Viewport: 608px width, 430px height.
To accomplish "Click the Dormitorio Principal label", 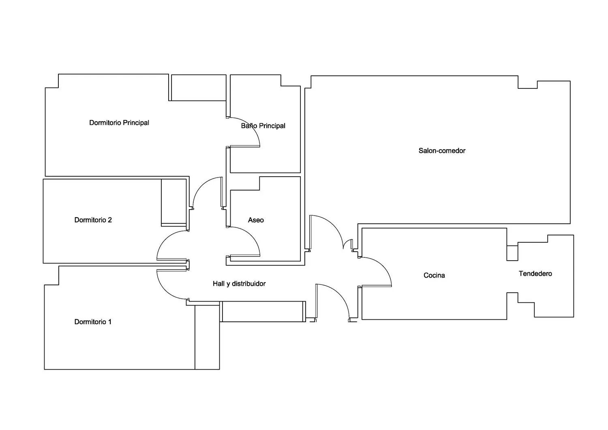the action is (x=119, y=123).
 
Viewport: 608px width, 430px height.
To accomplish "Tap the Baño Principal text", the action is (x=263, y=126).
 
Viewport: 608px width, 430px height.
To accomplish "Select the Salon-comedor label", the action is (x=442, y=151).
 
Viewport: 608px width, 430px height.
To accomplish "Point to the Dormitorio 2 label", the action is (x=93, y=220).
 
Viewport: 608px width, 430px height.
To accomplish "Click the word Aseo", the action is (x=256, y=220).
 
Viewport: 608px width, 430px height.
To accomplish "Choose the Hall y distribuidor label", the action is (x=239, y=284).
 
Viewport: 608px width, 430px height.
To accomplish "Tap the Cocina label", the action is (x=434, y=275).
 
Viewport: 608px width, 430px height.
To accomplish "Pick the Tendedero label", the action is (x=535, y=274).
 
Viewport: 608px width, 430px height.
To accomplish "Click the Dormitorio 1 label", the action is (x=93, y=322).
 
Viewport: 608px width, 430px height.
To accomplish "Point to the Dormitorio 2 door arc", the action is (x=166, y=240).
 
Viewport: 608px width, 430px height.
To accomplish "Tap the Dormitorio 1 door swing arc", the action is (x=166, y=290).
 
